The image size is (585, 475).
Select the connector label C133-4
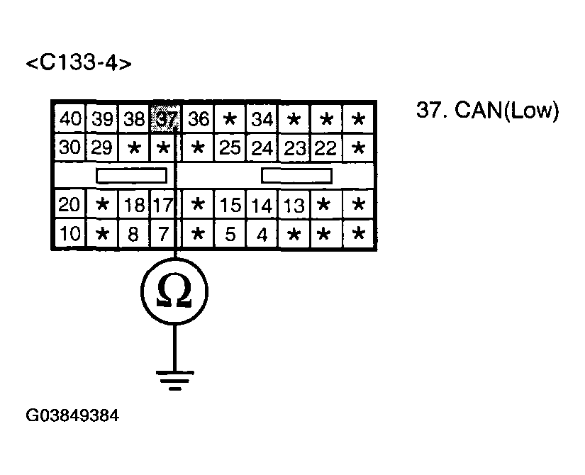tap(79, 63)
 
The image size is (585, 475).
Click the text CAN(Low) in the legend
tap(507, 111)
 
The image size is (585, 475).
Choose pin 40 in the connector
tap(69, 119)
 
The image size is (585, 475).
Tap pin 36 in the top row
tap(199, 119)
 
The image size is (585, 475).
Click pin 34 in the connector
tap(262, 119)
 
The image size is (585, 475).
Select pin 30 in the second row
tap(69, 148)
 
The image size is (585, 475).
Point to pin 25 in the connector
tap(230, 148)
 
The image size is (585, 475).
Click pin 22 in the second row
tap(325, 148)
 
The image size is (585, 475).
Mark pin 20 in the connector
tap(69, 206)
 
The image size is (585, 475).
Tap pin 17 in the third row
tap(163, 206)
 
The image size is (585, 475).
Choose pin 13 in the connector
tap(294, 206)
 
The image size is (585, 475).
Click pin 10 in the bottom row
tap(69, 234)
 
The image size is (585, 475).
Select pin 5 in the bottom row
tap(230, 234)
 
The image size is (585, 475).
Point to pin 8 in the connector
tap(133, 234)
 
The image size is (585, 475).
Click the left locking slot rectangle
tap(132, 175)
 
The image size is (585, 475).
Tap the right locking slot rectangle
tap(296, 175)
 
